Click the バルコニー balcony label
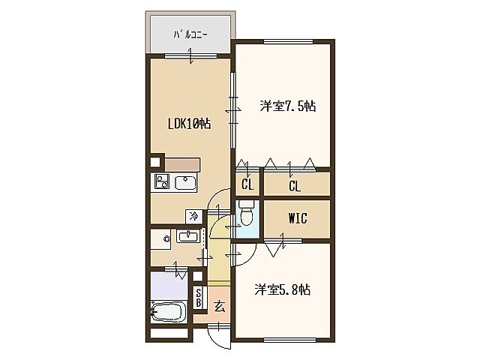click(190, 34)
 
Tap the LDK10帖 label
click(190, 124)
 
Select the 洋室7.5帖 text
click(288, 106)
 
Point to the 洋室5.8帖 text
click(282, 289)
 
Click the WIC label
click(298, 218)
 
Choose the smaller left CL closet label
click(247, 184)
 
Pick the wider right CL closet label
click(295, 186)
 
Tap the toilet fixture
click(247, 213)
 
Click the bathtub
click(169, 311)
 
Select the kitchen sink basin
click(185, 183)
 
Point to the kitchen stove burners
click(162, 181)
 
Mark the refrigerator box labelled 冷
click(193, 217)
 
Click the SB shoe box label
click(198, 298)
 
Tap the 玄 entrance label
click(220, 307)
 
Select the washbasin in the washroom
click(188, 236)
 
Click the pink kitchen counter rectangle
click(182, 165)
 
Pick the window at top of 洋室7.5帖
click(288, 42)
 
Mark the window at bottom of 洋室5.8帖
click(289, 340)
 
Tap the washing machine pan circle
click(166, 238)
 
